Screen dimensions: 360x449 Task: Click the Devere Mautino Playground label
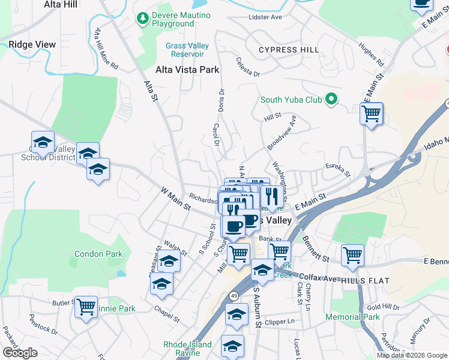coord(174,19)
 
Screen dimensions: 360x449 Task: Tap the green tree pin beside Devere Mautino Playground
coord(143,19)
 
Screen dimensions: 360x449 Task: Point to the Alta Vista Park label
coord(187,70)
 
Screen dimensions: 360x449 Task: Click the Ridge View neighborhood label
coord(32,44)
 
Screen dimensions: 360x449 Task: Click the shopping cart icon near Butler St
coord(86,307)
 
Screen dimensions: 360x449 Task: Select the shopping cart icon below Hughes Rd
coord(372,112)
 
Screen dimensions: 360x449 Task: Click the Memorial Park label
coord(352,317)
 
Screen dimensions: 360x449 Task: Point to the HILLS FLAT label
coord(366,281)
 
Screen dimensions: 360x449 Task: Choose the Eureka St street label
coord(337,169)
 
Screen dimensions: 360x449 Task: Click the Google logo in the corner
coord(20,353)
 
